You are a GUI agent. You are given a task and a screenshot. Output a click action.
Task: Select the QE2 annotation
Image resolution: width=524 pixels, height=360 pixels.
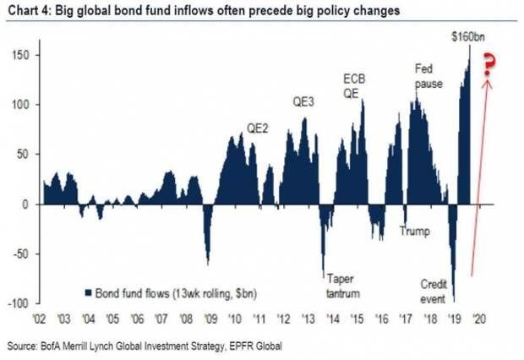[x=259, y=128]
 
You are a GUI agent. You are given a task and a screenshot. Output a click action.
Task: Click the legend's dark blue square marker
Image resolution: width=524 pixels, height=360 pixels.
[x=87, y=292]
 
